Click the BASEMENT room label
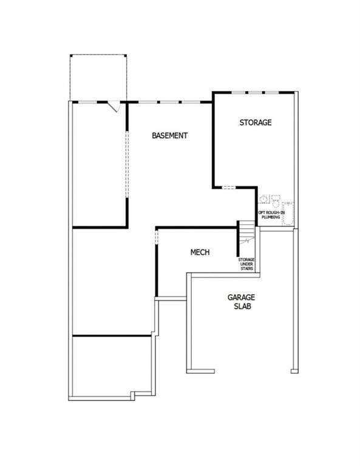169,135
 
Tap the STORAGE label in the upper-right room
256,123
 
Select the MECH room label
200,252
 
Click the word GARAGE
241,297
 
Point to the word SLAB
242,306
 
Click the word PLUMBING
271,217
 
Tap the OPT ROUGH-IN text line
271,213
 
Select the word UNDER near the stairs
246,264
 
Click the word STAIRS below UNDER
246,269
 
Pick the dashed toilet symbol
276,201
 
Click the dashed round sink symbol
263,198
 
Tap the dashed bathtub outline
288,214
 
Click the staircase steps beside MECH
247,232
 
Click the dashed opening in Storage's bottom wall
229,187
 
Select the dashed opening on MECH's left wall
157,237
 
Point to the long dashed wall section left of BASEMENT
127,164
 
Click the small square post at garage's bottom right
294,371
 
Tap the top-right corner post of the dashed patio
125,56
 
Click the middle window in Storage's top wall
256,93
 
